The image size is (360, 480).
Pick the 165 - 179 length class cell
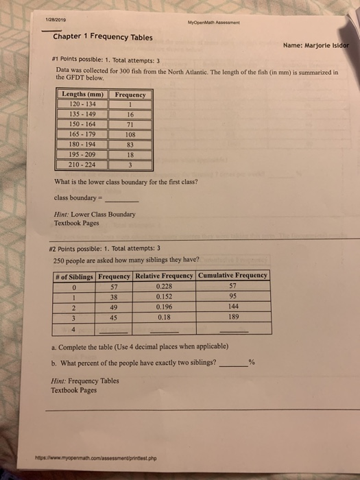[x=82, y=135]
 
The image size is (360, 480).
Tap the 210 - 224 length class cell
[x=82, y=165]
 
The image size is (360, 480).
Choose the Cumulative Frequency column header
[x=233, y=276]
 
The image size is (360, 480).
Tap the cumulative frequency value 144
[x=232, y=308]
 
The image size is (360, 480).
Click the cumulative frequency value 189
[x=232, y=318]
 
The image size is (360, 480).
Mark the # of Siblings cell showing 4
[x=72, y=328]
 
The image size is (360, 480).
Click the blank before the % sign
[x=232, y=363]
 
